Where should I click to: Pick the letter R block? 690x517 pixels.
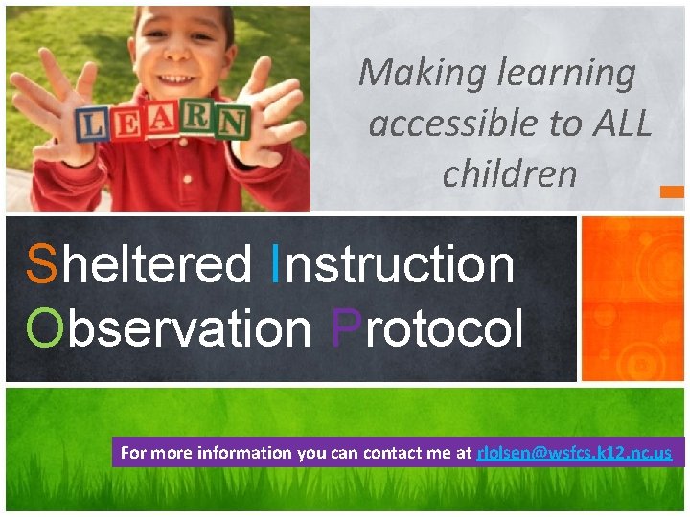click(x=197, y=120)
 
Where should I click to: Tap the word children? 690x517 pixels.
click(x=509, y=173)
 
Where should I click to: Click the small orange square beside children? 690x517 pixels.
click(x=672, y=191)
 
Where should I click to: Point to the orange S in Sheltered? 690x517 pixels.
click(x=42, y=264)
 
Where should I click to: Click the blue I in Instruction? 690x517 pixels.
click(x=277, y=264)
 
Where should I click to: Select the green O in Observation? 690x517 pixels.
click(x=45, y=329)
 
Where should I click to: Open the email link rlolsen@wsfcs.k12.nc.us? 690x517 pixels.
click(x=574, y=453)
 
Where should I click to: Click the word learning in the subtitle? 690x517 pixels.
click(x=576, y=73)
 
